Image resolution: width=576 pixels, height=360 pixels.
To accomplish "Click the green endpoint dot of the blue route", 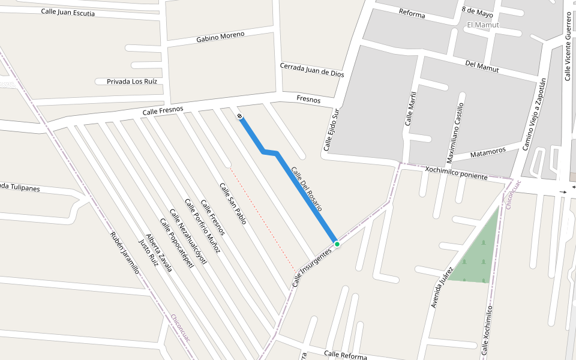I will point(337,244).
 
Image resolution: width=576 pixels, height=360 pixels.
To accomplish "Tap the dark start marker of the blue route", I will point(239,115).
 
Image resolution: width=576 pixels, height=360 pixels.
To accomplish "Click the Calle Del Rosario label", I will point(307,191).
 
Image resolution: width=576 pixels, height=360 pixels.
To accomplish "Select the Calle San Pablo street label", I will point(233,204).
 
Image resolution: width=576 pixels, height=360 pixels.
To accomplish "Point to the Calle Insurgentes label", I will point(312,268).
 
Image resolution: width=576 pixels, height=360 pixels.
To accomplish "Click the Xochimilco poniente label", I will point(456,173).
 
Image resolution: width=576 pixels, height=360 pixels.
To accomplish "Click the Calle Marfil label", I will point(410,108).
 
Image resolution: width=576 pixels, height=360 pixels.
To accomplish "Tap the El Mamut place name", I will point(483,25).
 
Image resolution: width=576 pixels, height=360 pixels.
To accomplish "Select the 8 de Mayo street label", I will point(478,13).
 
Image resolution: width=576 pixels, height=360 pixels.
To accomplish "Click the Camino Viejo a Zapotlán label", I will point(534,114).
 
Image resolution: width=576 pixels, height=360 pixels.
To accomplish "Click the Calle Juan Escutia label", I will point(68,13).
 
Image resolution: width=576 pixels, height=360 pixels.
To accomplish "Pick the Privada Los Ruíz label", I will point(131,82).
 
